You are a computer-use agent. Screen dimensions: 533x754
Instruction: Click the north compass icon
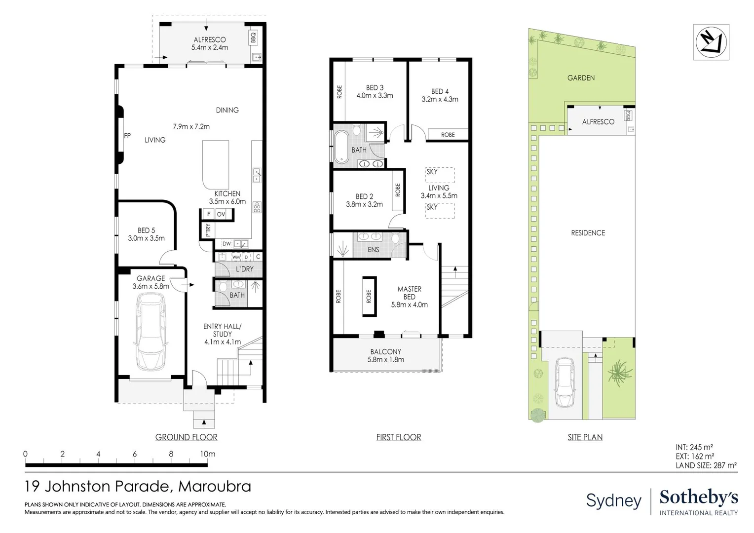tap(711, 42)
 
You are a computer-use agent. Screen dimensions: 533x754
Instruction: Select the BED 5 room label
tap(146, 230)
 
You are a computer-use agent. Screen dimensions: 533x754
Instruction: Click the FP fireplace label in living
tap(127, 136)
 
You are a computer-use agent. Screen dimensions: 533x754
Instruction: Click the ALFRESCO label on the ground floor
tap(210, 39)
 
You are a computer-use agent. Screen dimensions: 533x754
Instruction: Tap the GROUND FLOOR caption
tap(186, 437)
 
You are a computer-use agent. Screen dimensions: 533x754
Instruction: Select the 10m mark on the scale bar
tap(207, 454)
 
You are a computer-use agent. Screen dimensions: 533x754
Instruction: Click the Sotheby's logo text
tap(699, 497)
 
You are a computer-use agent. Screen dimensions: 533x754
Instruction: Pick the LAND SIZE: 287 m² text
tap(706, 465)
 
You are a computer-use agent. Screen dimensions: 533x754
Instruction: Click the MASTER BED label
tap(409, 293)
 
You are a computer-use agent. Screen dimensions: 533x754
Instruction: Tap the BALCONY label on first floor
tap(385, 352)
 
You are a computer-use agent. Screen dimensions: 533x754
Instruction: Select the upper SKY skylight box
tap(440, 175)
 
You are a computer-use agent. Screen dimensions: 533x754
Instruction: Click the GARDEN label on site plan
tap(581, 78)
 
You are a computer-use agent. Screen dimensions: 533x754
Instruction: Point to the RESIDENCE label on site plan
tap(588, 233)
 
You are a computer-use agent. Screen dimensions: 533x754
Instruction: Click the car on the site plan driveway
tap(565, 382)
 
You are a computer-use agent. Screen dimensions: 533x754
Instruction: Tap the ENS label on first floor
tap(373, 250)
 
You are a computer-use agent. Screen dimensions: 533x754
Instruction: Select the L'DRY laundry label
tap(244, 269)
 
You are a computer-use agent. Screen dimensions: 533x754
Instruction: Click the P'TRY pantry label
tap(208, 230)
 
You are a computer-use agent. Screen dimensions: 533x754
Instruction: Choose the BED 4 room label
tap(440, 91)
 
